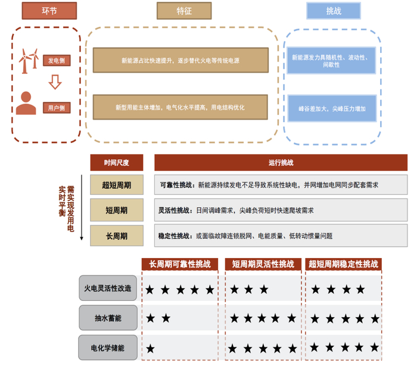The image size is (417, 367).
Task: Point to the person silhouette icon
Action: click(26, 103)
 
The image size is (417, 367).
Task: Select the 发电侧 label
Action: click(57, 60)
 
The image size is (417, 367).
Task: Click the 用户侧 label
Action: click(57, 108)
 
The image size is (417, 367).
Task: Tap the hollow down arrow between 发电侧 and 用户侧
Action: click(55, 82)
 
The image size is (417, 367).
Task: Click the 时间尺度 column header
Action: click(116, 163)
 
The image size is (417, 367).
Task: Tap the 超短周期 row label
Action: click(116, 185)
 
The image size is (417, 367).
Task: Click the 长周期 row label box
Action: click(116, 236)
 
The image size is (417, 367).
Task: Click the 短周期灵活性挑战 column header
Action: click(263, 264)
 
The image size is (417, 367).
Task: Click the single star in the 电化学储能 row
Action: click(151, 348)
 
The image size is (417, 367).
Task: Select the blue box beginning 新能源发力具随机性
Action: click(332, 60)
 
